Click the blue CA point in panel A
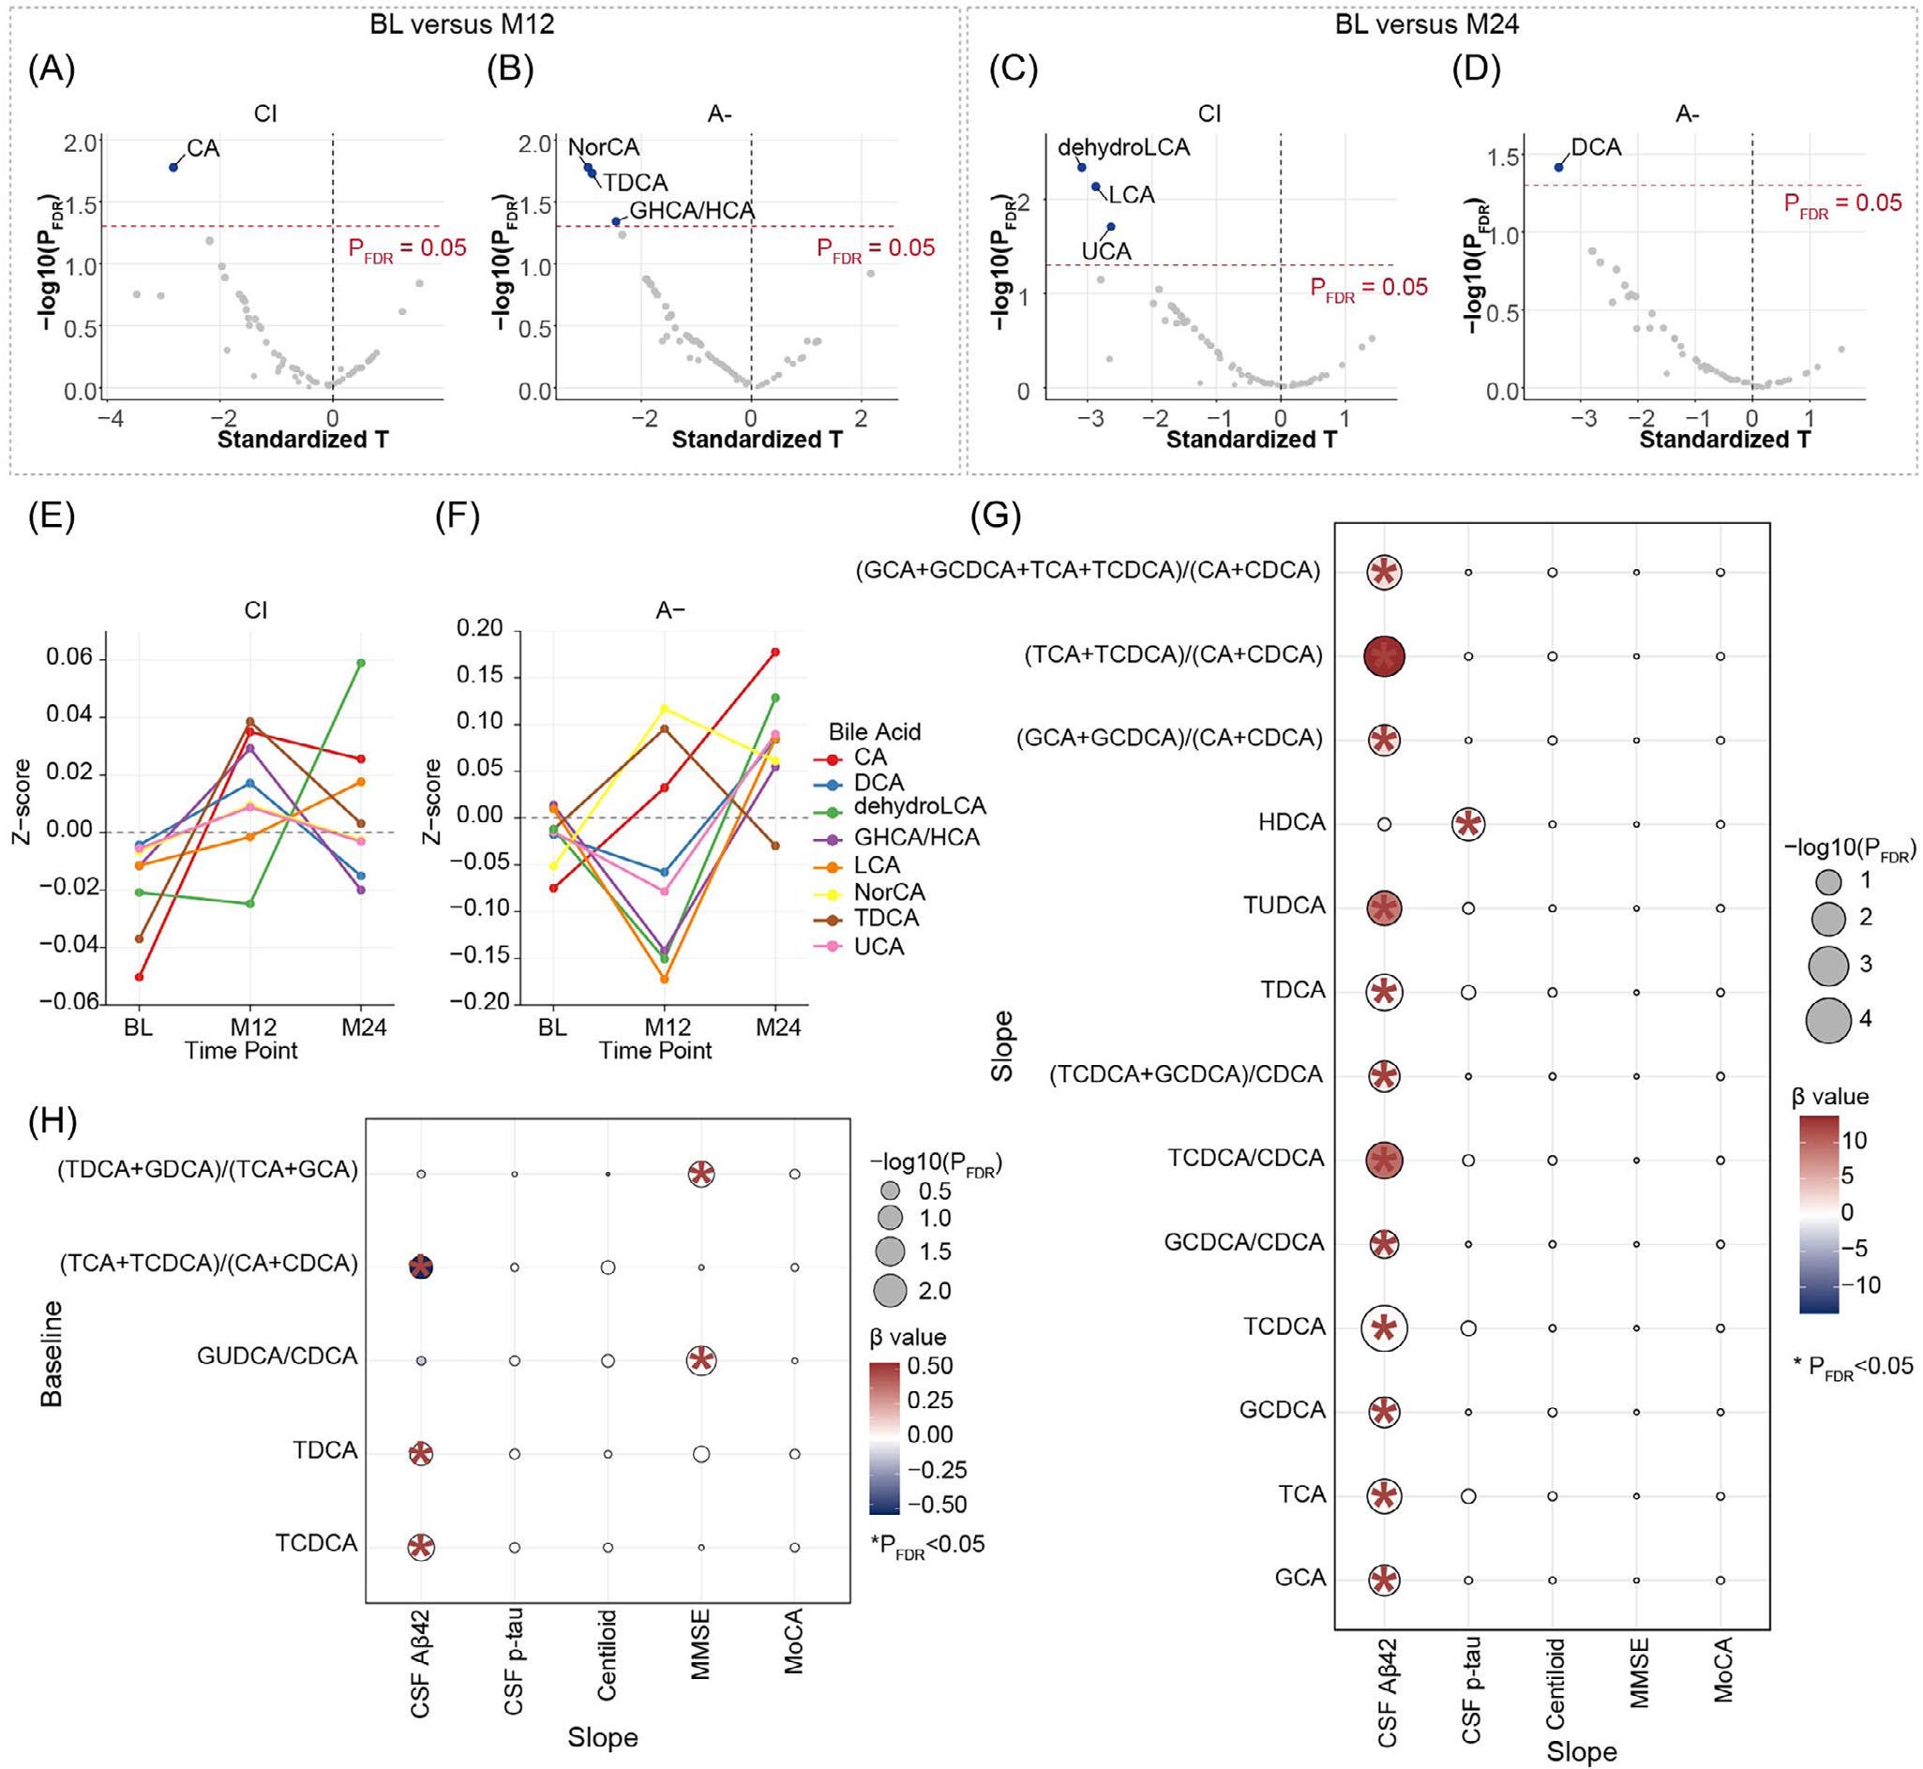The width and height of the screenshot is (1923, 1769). (173, 167)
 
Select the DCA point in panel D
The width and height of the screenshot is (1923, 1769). (1558, 167)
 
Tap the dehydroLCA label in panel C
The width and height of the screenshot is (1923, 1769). (1123, 147)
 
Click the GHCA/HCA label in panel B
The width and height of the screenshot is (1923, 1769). (691, 211)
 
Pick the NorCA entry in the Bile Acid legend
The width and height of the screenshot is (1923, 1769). (889, 892)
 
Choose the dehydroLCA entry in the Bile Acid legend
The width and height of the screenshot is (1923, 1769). (919, 806)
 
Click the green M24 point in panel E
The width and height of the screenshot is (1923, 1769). (361, 663)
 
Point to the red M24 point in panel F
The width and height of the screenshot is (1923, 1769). (775, 652)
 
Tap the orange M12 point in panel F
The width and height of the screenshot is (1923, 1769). (665, 980)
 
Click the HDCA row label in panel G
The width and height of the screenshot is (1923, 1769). (1291, 822)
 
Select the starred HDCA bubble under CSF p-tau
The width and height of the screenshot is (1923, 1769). (1467, 823)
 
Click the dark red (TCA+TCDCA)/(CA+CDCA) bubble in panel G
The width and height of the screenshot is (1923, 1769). (1383, 656)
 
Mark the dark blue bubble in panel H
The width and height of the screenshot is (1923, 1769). (420, 1267)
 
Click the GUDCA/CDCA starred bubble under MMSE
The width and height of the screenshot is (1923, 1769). (700, 1359)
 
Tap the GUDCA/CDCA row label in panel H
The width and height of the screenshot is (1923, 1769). (277, 1357)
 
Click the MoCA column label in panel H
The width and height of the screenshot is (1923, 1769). (793, 1642)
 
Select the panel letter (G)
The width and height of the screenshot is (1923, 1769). (995, 517)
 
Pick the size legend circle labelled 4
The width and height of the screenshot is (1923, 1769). (1827, 1019)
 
